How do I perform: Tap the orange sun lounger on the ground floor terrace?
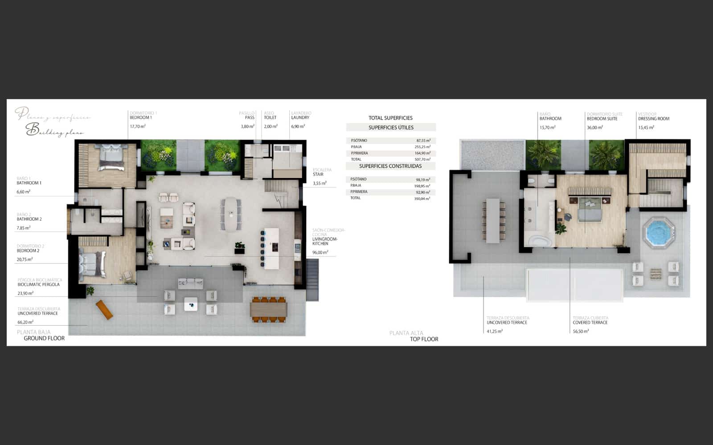tap(104, 310)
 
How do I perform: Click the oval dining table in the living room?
tap(231, 214)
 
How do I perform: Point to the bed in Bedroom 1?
tap(111, 158)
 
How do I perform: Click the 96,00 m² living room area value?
tap(320, 253)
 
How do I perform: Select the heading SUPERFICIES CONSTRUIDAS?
tap(390, 166)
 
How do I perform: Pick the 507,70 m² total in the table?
tap(422, 159)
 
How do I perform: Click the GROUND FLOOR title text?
tap(44, 339)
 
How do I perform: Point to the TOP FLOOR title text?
tap(424, 340)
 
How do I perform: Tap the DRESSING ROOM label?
tap(654, 119)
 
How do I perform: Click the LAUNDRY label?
tap(300, 118)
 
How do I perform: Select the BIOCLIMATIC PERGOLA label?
tap(39, 285)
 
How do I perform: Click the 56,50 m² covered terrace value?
tap(581, 332)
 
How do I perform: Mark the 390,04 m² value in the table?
tap(422, 199)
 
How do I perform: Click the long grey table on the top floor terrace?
tap(493, 221)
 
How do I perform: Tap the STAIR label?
tap(318, 174)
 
